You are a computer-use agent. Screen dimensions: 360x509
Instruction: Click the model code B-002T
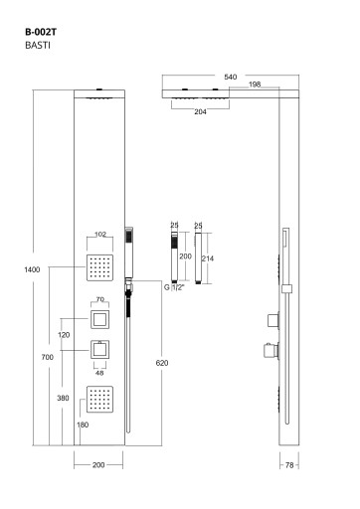click(x=41, y=32)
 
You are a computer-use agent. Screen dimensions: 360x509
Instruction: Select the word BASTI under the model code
click(x=38, y=45)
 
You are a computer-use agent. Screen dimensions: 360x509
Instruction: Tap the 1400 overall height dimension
click(x=32, y=269)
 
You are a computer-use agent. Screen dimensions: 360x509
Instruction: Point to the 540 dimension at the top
click(x=231, y=77)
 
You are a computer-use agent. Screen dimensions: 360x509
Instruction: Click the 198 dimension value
click(x=255, y=85)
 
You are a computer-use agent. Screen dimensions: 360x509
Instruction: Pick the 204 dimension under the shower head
click(x=200, y=111)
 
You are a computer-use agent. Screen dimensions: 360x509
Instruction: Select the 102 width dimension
click(x=100, y=235)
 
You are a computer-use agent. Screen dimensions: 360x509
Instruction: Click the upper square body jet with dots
click(x=99, y=267)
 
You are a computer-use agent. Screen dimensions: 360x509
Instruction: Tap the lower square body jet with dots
click(x=99, y=400)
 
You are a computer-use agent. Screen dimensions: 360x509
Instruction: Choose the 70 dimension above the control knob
click(x=100, y=299)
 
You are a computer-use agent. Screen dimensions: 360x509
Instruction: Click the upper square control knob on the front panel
click(x=100, y=319)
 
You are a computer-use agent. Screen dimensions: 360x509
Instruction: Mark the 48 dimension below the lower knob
click(x=99, y=373)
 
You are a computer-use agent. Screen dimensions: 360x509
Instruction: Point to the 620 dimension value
click(x=162, y=363)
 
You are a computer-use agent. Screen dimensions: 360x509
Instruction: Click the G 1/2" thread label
click(x=174, y=287)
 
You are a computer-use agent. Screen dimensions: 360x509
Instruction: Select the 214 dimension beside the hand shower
click(x=208, y=258)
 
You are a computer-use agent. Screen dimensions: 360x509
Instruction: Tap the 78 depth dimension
click(x=289, y=465)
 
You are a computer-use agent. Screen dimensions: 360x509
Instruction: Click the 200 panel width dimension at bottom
click(x=98, y=465)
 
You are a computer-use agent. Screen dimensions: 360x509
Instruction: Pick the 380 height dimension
click(x=63, y=398)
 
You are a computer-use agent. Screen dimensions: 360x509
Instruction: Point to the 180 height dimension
click(x=83, y=424)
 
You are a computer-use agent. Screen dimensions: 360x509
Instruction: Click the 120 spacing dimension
click(x=64, y=335)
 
